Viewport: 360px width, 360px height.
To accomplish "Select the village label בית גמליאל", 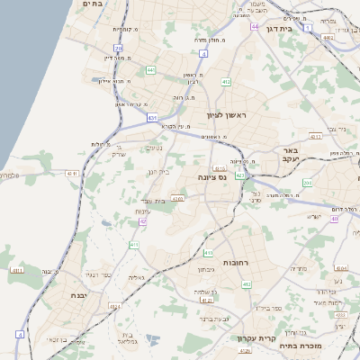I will click(x=127, y=338).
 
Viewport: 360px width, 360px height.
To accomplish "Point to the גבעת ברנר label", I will click(x=212, y=319).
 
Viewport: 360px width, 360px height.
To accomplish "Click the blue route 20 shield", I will click(x=118, y=48).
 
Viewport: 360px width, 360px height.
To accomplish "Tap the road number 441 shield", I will click(x=150, y=69).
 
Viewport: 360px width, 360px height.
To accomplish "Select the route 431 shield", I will click(x=153, y=118).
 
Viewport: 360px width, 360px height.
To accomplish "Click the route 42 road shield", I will click(x=142, y=222).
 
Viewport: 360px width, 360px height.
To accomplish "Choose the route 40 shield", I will click(x=334, y=219).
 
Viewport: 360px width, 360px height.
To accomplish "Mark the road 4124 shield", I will click(x=114, y=307).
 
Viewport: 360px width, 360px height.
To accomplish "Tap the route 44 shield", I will click(x=255, y=26).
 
